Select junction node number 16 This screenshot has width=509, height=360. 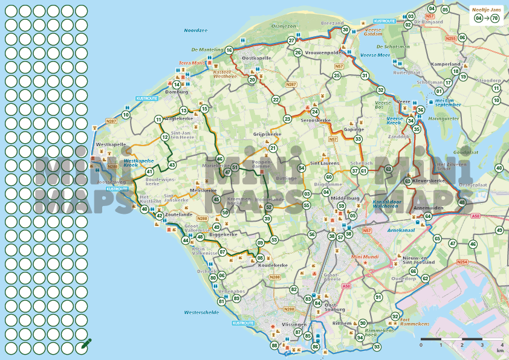229,51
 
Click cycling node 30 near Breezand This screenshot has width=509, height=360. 345,30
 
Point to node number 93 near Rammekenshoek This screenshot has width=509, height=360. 377,347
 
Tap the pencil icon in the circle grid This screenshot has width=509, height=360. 85,346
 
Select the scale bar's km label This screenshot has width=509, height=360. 499,350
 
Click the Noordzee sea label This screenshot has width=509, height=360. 196,30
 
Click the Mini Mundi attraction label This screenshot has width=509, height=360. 364,257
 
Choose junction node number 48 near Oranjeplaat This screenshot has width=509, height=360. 462,202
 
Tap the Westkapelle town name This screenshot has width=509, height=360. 111,145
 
